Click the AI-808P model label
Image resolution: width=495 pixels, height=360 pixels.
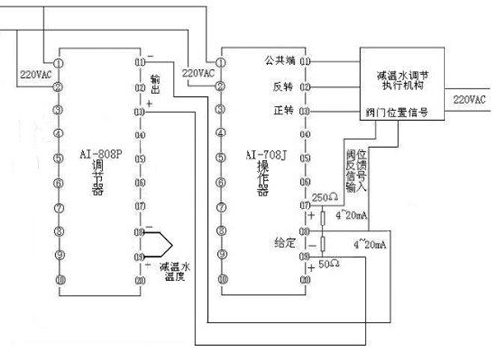pos(99,154)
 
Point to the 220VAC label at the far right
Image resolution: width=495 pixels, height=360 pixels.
pos(470,100)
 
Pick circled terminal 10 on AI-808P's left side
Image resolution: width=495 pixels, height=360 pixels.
pos(59,281)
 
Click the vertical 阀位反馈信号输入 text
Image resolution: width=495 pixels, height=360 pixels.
pos(362,170)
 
